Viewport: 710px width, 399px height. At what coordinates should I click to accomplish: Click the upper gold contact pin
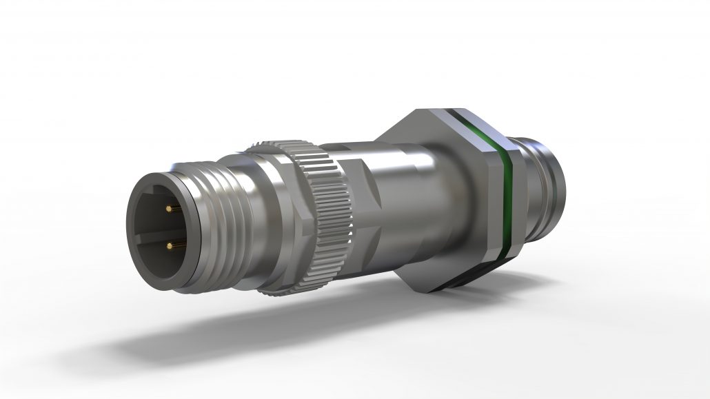coord(170,207)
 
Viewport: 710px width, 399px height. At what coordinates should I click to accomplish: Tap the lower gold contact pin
coord(170,245)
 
